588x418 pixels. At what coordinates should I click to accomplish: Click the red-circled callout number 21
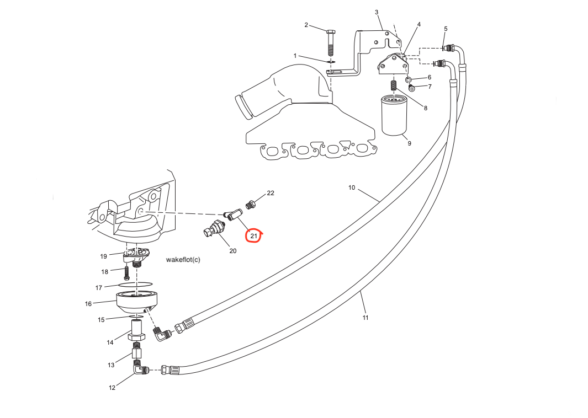(x=253, y=236)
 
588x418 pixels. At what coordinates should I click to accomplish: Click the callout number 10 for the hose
(x=352, y=188)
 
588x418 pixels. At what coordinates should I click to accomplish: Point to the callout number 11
(x=365, y=318)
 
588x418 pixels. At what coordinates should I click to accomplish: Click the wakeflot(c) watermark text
(x=183, y=259)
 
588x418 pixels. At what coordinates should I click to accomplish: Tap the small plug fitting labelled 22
(x=250, y=205)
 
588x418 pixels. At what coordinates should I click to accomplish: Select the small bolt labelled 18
(x=127, y=272)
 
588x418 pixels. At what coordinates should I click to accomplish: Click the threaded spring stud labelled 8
(x=394, y=87)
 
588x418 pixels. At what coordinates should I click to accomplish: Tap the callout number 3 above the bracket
(x=377, y=12)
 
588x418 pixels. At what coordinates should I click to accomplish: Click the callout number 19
(x=103, y=256)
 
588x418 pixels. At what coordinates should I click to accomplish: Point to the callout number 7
(x=430, y=87)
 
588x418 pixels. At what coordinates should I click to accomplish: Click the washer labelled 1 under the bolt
(x=331, y=62)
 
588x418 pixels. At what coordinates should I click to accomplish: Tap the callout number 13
(x=111, y=365)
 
